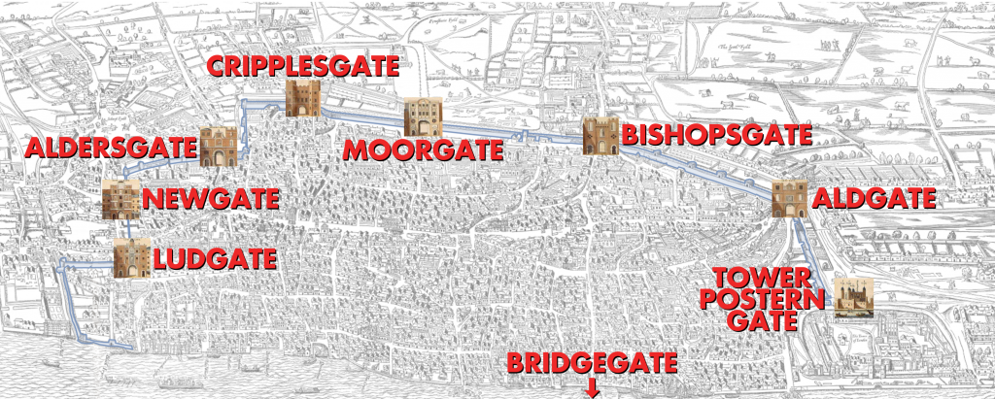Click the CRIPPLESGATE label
302,68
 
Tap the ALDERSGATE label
110,150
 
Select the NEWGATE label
211,201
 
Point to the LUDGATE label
214,259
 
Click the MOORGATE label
423,150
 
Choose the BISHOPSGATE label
717,135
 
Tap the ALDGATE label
873,199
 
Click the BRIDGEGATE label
591,364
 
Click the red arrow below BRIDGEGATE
591,389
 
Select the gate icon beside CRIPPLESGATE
303,99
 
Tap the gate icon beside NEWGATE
121,199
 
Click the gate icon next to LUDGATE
131,259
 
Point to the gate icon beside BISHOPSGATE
600,135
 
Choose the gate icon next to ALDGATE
789,199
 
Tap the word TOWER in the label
765,274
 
